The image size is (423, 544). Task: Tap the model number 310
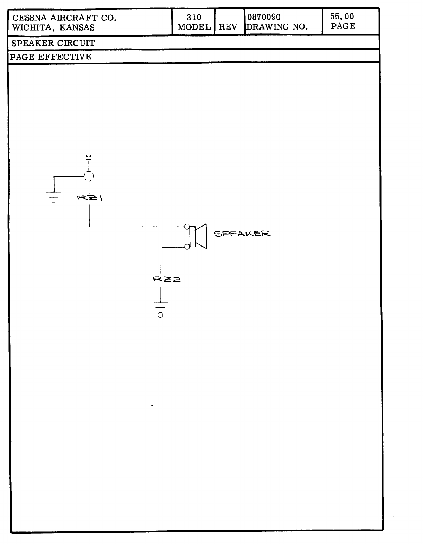(x=194, y=17)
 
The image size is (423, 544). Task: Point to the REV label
(x=228, y=27)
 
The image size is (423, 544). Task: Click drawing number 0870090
(x=264, y=17)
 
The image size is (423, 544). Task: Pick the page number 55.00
(x=342, y=17)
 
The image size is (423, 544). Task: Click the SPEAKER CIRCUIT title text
(x=53, y=43)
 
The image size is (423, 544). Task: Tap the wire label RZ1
(x=90, y=198)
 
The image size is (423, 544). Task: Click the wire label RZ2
(x=167, y=280)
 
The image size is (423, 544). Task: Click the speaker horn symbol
(x=201, y=236)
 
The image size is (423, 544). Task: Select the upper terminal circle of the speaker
(x=187, y=227)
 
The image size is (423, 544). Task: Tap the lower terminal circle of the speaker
(x=187, y=247)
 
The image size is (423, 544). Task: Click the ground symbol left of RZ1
(x=54, y=195)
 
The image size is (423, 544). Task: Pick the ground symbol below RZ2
(x=160, y=306)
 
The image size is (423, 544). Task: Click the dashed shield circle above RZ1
(x=89, y=176)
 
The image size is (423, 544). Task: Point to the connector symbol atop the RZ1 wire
(x=89, y=157)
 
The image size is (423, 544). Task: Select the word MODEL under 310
(x=194, y=27)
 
